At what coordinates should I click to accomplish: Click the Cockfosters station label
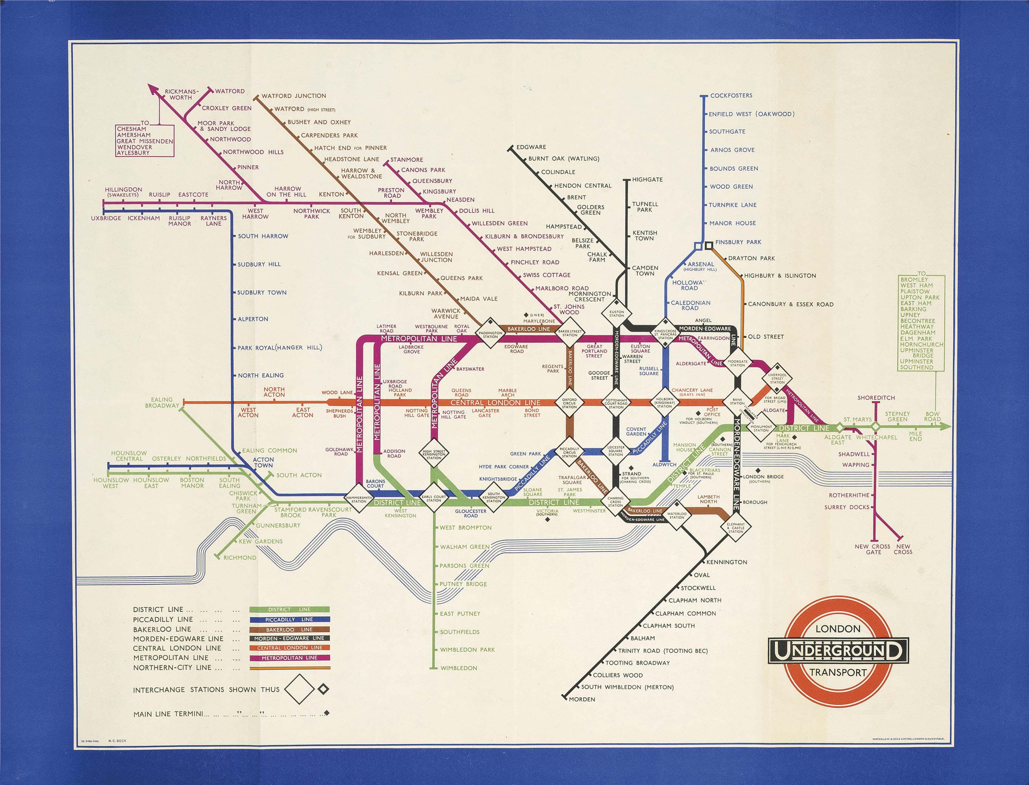coord(731,96)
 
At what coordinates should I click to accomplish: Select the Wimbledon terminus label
coord(459,668)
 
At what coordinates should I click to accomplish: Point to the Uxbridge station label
coord(106,218)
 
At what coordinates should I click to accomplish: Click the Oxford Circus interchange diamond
coord(569,403)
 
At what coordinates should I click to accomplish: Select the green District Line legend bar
coord(289,609)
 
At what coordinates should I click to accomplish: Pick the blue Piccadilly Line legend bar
coord(289,619)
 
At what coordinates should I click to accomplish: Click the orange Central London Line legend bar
coord(289,648)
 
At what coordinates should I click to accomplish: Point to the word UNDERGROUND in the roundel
coord(838,651)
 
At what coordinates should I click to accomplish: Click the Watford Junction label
coord(294,96)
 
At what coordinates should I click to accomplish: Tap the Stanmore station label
coord(406,160)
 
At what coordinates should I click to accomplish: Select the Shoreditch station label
coord(876,398)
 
